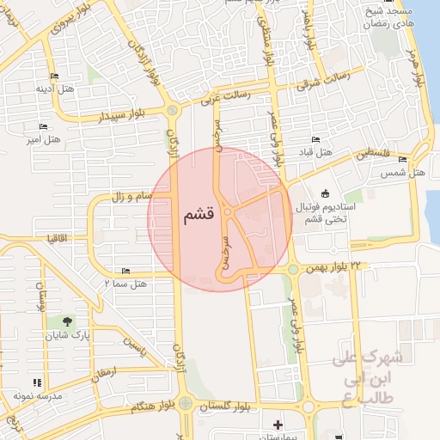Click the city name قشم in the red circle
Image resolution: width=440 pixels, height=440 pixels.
coord(199,217)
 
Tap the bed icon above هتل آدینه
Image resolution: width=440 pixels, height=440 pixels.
coord(55,76)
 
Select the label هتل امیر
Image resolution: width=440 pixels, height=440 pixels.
coord(44,138)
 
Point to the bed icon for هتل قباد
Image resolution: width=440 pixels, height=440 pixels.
coord(315,139)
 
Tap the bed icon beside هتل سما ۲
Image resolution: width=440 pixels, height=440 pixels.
coord(126,271)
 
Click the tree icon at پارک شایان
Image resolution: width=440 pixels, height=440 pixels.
coord(80,321)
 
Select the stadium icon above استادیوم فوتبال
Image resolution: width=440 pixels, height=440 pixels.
coord(324,193)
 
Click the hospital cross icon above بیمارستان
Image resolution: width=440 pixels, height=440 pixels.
coord(277,425)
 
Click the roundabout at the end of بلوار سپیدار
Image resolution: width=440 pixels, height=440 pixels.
coord(174,110)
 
